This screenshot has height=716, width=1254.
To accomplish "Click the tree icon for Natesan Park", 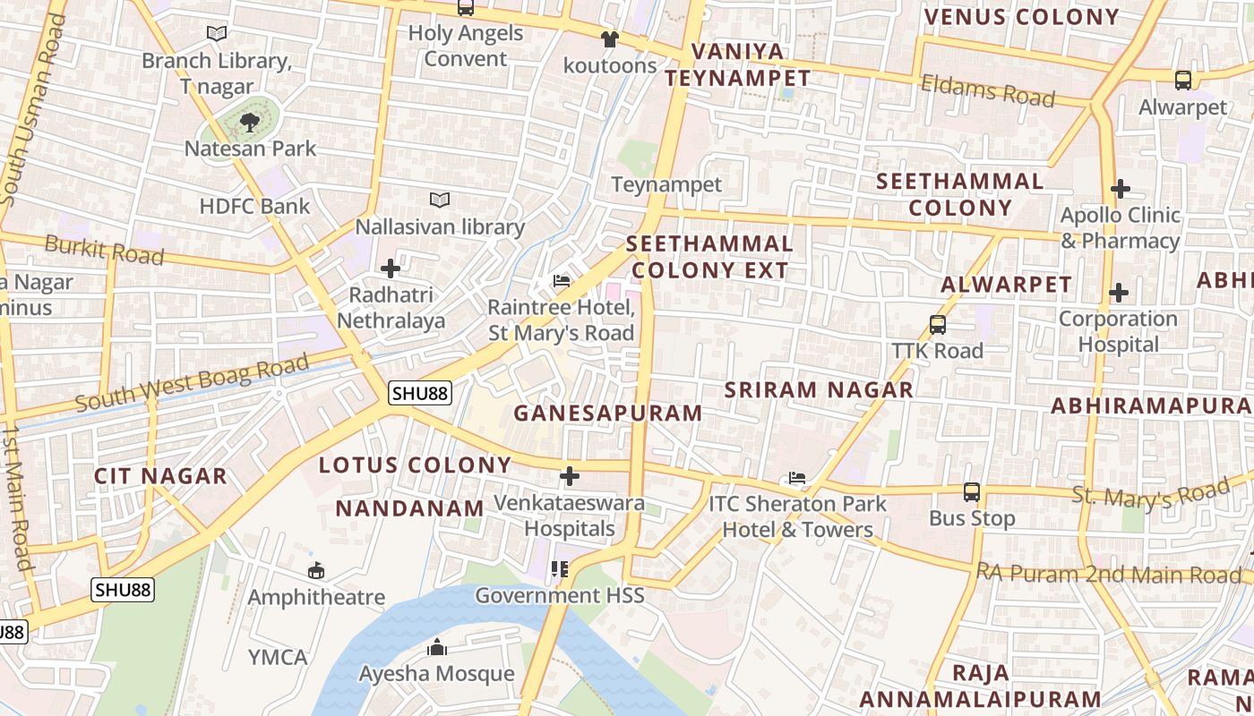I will pyautogui.click(x=250, y=123).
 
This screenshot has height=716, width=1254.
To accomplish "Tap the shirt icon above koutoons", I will pyautogui.click(x=609, y=39).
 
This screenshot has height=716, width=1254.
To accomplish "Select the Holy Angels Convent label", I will pyautogui.click(x=466, y=46).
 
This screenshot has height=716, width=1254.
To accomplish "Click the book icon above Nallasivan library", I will pyautogui.click(x=439, y=200).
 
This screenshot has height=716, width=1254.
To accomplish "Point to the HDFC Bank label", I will pyautogui.click(x=254, y=206).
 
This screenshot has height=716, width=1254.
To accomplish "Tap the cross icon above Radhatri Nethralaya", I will pyautogui.click(x=391, y=268).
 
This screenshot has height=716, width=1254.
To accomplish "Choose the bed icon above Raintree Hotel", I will pyautogui.click(x=562, y=281).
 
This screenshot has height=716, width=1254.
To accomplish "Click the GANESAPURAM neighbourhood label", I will pyautogui.click(x=608, y=413).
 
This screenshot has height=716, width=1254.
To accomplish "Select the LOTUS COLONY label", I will pyautogui.click(x=415, y=465).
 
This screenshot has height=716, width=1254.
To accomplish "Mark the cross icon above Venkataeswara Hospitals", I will pyautogui.click(x=570, y=475).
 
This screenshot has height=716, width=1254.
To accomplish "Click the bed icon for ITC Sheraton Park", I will pyautogui.click(x=797, y=477).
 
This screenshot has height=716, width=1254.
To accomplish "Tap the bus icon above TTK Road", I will pyautogui.click(x=938, y=324).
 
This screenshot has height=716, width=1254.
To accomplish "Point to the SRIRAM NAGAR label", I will pyautogui.click(x=819, y=389).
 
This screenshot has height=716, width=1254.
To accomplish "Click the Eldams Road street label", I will pyautogui.click(x=988, y=90).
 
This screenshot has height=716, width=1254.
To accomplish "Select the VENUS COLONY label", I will pyautogui.click(x=1021, y=16).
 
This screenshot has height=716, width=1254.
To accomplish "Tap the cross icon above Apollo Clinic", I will pyautogui.click(x=1120, y=189).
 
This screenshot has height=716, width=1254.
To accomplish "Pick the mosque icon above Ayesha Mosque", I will pyautogui.click(x=437, y=646).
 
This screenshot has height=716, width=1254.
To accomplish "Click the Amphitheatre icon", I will pyautogui.click(x=316, y=570).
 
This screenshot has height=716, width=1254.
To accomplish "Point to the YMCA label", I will pyautogui.click(x=278, y=657).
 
